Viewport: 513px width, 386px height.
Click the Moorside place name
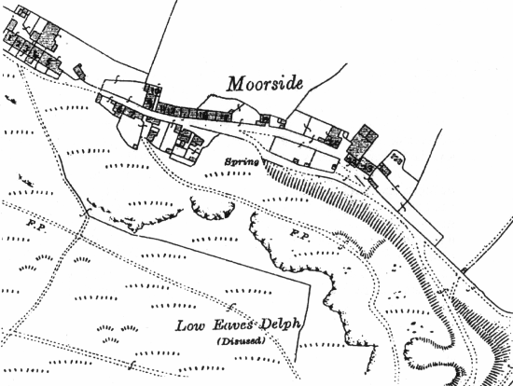[266, 84]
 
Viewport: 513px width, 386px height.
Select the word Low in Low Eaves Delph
[189, 326]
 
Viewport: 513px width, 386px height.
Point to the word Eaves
[229, 326]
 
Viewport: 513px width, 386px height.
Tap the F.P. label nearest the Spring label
[299, 231]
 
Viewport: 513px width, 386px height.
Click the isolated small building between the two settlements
[79, 70]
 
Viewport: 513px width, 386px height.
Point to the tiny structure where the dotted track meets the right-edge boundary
[464, 271]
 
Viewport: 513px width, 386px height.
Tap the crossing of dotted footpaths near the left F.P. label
[87, 216]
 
